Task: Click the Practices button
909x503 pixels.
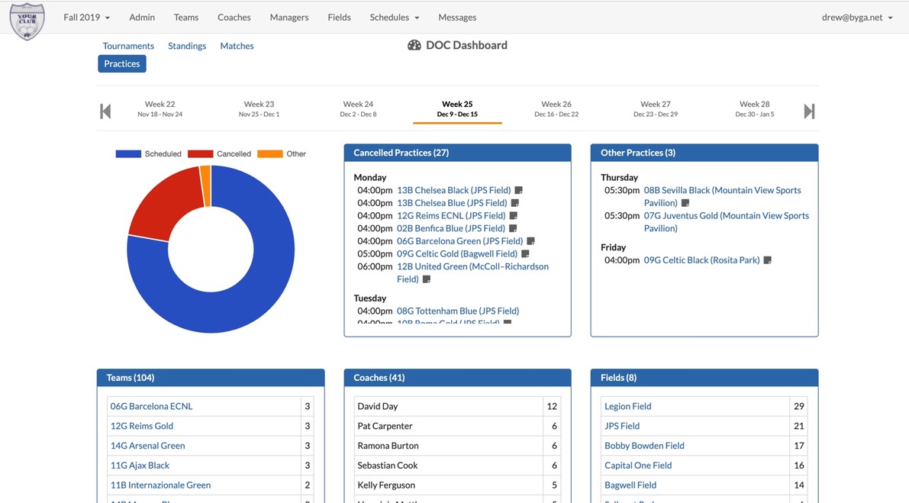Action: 121,64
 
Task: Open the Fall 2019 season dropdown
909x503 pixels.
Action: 86,18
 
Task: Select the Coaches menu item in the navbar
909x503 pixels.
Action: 234,18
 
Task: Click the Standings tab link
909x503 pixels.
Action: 187,46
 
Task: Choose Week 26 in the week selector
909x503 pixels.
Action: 556,108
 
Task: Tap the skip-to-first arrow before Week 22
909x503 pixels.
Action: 105,111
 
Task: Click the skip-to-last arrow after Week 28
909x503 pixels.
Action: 809,111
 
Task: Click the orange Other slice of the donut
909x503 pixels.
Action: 205,185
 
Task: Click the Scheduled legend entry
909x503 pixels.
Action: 149,154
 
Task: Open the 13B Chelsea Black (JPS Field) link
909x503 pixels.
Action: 453,190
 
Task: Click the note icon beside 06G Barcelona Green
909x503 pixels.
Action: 530,241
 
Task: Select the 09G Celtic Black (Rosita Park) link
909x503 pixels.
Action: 701,260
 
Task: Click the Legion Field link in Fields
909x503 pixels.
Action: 627,406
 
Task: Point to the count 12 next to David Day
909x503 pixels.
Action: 552,406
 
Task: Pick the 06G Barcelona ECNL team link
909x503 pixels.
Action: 151,406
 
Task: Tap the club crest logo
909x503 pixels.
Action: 27,21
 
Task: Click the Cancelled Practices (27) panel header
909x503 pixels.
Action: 457,153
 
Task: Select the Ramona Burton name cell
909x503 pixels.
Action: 388,446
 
